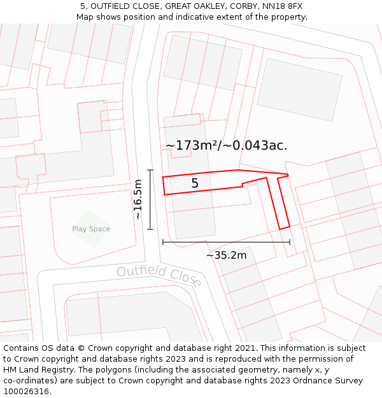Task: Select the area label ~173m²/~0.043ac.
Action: point(226,146)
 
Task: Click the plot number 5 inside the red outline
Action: point(195,183)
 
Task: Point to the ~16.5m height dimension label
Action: point(138,199)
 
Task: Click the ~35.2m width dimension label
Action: point(226,255)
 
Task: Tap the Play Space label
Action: point(91,229)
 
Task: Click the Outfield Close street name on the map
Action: point(159,276)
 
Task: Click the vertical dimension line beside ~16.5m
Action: point(150,199)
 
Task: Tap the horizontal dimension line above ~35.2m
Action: point(226,242)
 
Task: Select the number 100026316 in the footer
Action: point(26,392)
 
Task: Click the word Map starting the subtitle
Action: point(85,17)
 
